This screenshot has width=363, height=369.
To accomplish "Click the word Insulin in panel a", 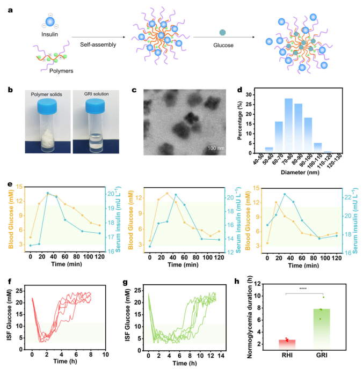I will click(49, 35).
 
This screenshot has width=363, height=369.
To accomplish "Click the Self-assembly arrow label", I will click(98, 45).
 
